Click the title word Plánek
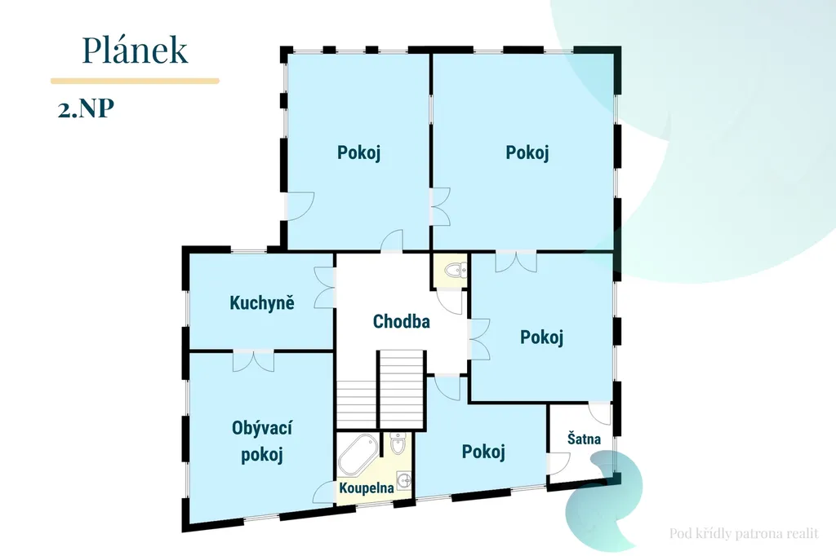click(135, 50)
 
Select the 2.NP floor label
click(86, 108)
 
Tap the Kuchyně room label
click(262, 302)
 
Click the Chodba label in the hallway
click(402, 321)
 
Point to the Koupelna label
click(367, 488)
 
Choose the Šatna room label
click(584, 439)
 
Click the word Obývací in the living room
click(262, 428)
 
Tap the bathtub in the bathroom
click(358, 454)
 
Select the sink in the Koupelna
click(404, 480)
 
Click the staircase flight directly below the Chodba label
click(402, 389)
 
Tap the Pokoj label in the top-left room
click(359, 152)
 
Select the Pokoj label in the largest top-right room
click(527, 152)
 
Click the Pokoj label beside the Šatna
click(483, 452)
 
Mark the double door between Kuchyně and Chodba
click(325, 288)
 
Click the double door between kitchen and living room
click(253, 360)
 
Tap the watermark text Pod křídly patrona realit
click(744, 533)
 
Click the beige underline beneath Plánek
click(135, 81)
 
